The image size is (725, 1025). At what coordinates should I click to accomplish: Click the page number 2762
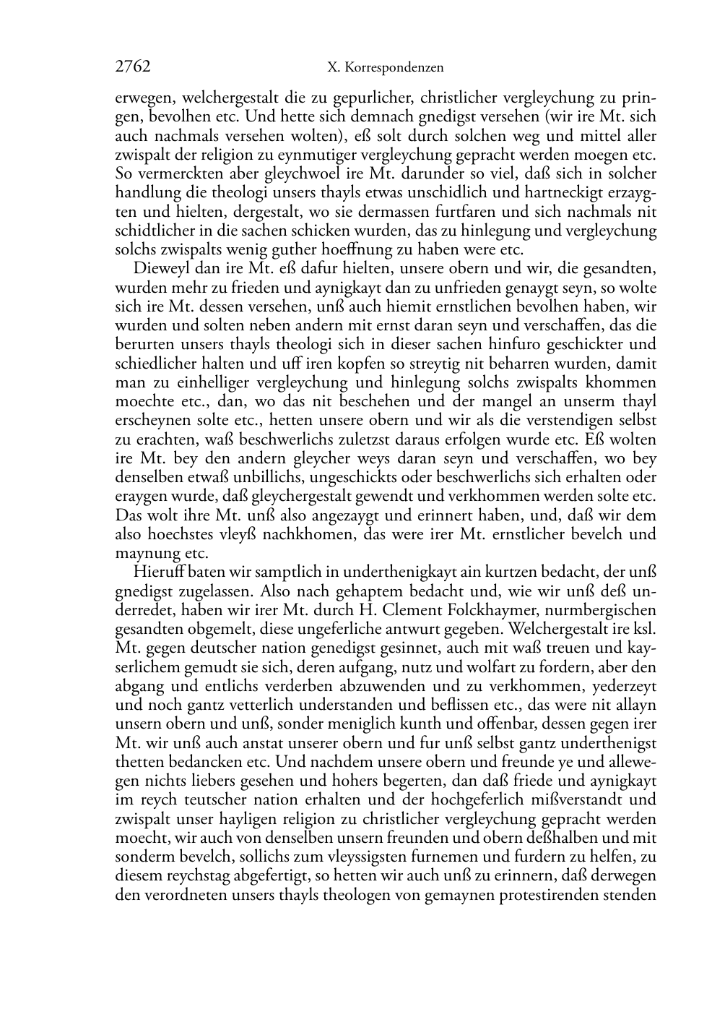pos(132,67)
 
